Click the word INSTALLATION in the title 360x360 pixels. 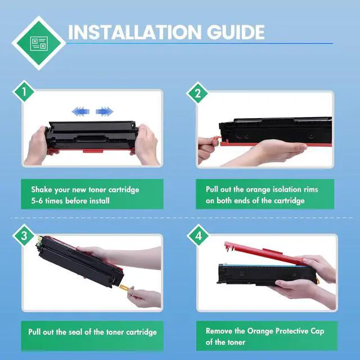135,32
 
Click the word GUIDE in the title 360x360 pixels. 236,32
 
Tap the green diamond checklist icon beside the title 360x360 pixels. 39,43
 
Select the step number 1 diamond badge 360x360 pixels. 24,92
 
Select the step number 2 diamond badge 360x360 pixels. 197,93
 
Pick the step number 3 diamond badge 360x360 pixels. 24,236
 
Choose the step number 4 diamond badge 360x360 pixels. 198,236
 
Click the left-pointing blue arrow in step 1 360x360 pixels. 80,111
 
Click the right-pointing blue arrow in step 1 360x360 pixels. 105,111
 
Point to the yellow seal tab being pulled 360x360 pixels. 125,287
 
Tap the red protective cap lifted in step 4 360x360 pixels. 264,253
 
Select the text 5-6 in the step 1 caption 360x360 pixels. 37,201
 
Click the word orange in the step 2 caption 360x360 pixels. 258,190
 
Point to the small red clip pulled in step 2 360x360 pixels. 217,139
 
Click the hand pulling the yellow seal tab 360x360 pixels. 144,298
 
